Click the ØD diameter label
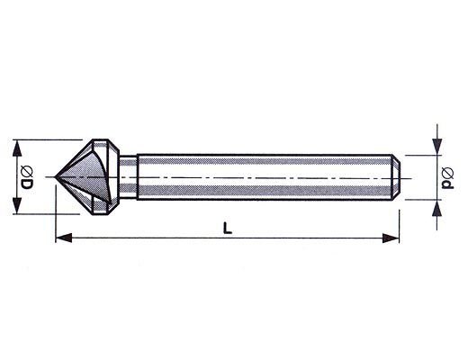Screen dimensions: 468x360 [27, 177]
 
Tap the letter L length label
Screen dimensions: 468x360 [228, 228]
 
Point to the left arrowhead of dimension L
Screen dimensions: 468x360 [64, 238]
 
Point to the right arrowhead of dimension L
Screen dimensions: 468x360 [391, 238]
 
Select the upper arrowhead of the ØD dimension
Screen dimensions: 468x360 [17, 148]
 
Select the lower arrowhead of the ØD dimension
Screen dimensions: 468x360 [17, 206]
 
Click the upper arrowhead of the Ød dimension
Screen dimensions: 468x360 [437, 147]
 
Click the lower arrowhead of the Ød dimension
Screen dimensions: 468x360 [437, 208]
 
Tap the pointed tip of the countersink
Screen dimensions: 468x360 [55, 177]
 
